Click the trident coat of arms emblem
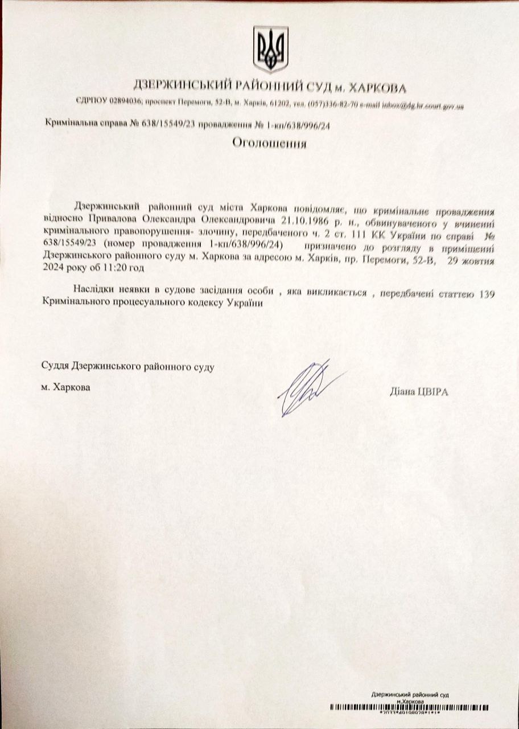(x=270, y=50)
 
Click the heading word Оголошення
(x=269, y=144)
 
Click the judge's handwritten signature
(x=307, y=389)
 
